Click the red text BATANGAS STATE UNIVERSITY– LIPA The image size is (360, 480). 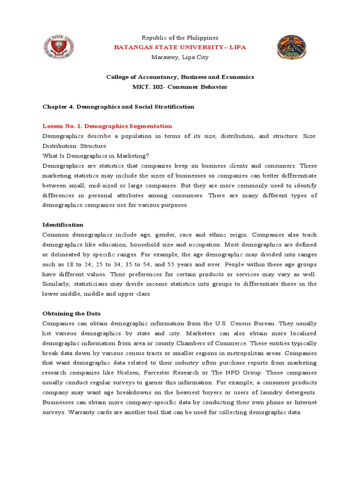click(180, 47)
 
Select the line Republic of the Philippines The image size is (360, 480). click(180, 37)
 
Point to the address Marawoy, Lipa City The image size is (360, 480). click(180, 57)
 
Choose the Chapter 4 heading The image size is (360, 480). click(118, 106)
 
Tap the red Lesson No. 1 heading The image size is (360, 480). click(107, 126)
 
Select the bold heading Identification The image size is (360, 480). click(63, 225)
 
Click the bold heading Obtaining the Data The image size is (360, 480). click(71, 313)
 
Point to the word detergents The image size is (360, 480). click(298, 392)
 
